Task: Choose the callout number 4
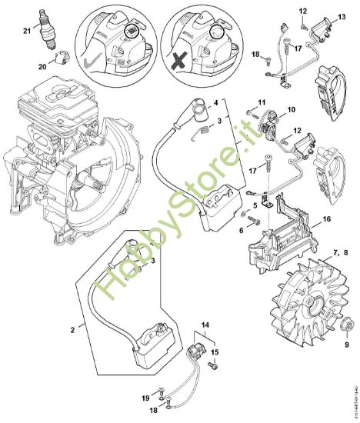pyautogui.click(x=215, y=102)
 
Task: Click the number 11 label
pyautogui.click(x=262, y=102)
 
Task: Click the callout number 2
pyautogui.click(x=73, y=329)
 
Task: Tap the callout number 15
pyautogui.click(x=215, y=351)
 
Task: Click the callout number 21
pyautogui.click(x=27, y=30)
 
